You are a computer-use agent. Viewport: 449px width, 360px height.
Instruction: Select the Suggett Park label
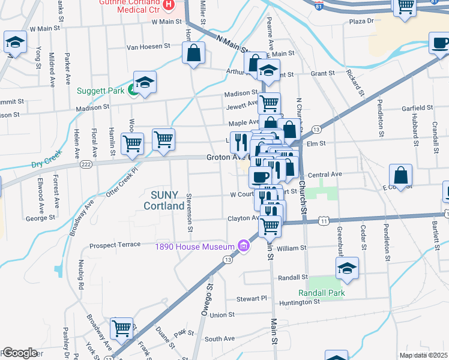tap(101, 91)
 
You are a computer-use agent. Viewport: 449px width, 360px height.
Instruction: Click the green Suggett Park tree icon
tap(131, 91)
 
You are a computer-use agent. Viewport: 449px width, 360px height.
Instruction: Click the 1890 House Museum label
tap(194, 246)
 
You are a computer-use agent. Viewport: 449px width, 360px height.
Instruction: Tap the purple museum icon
tap(243, 246)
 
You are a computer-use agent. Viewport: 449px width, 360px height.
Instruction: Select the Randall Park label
tap(322, 293)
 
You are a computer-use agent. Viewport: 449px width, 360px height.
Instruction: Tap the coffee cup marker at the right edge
tap(441, 43)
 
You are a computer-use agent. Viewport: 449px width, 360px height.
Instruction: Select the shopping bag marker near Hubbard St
tap(400, 176)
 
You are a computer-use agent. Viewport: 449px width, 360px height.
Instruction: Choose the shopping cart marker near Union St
tap(122, 328)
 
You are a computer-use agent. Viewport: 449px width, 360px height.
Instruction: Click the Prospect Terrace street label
tap(114, 245)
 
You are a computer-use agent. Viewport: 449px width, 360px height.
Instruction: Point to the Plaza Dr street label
tap(361, 21)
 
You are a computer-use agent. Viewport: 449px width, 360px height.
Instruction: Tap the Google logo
tap(20, 353)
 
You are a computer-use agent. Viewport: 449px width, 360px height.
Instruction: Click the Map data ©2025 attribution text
tap(423, 355)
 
